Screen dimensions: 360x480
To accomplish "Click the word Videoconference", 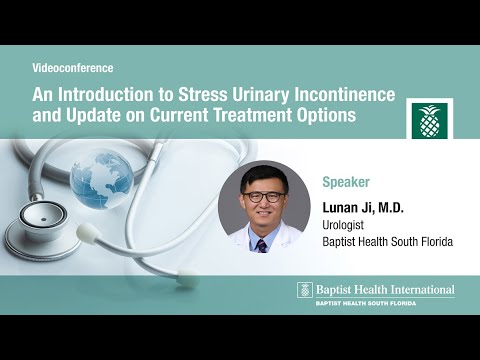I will [x=73, y=68].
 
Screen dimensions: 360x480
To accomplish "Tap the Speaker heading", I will [x=346, y=183].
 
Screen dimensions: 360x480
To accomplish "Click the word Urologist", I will [x=348, y=226].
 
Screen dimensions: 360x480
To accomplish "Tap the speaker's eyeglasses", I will [x=263, y=197].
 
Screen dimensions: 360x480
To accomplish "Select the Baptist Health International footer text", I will [x=385, y=290].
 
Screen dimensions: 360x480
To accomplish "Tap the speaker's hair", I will [x=263, y=176].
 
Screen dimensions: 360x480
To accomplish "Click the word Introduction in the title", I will [x=107, y=95].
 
